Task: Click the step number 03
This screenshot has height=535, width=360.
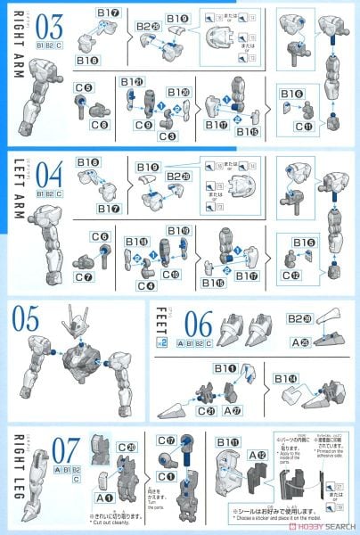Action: click(x=46, y=21)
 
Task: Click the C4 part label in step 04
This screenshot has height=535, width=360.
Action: click(x=145, y=285)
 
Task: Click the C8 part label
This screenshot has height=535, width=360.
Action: click(x=85, y=127)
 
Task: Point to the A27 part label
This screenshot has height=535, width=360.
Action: click(x=234, y=410)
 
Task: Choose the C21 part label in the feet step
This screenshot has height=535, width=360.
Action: click(x=205, y=410)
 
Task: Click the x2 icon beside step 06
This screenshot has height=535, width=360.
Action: click(x=160, y=339)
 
